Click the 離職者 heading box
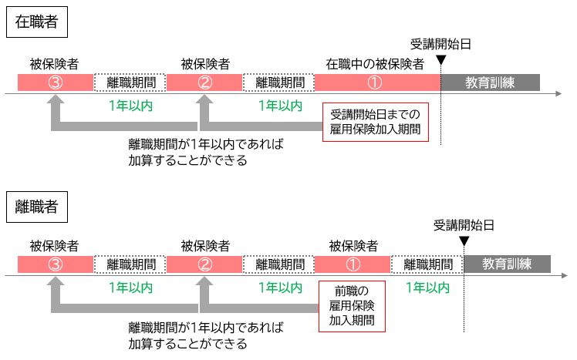[x=37, y=206]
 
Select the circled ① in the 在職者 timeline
[x=374, y=82]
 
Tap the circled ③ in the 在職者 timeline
[x=55, y=82]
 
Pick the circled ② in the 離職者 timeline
[x=204, y=264]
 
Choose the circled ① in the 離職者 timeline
[x=352, y=264]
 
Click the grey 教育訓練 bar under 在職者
[x=490, y=82]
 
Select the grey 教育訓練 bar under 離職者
[x=507, y=264]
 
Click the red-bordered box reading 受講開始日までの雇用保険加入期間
[x=375, y=122]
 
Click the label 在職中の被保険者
[x=375, y=64]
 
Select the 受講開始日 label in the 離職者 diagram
[x=463, y=225]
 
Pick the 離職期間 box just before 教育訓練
[x=427, y=264]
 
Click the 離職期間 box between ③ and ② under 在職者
[x=130, y=82]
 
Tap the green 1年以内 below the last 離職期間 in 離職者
[x=427, y=288]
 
